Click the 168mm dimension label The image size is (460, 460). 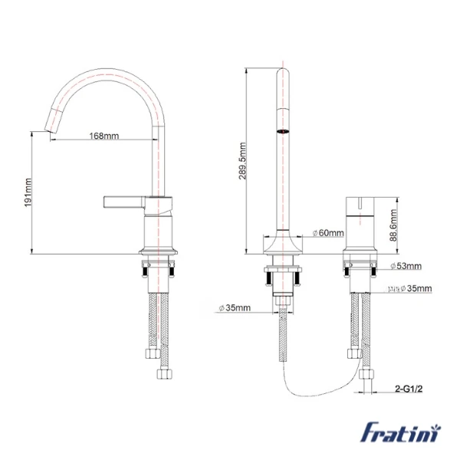pos(104,136)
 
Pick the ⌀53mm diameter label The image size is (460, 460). pos(406,266)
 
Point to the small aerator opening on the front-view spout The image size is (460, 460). pos(284,131)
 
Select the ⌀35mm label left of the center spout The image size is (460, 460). pos(235,307)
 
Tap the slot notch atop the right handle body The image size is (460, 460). pos(359,203)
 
